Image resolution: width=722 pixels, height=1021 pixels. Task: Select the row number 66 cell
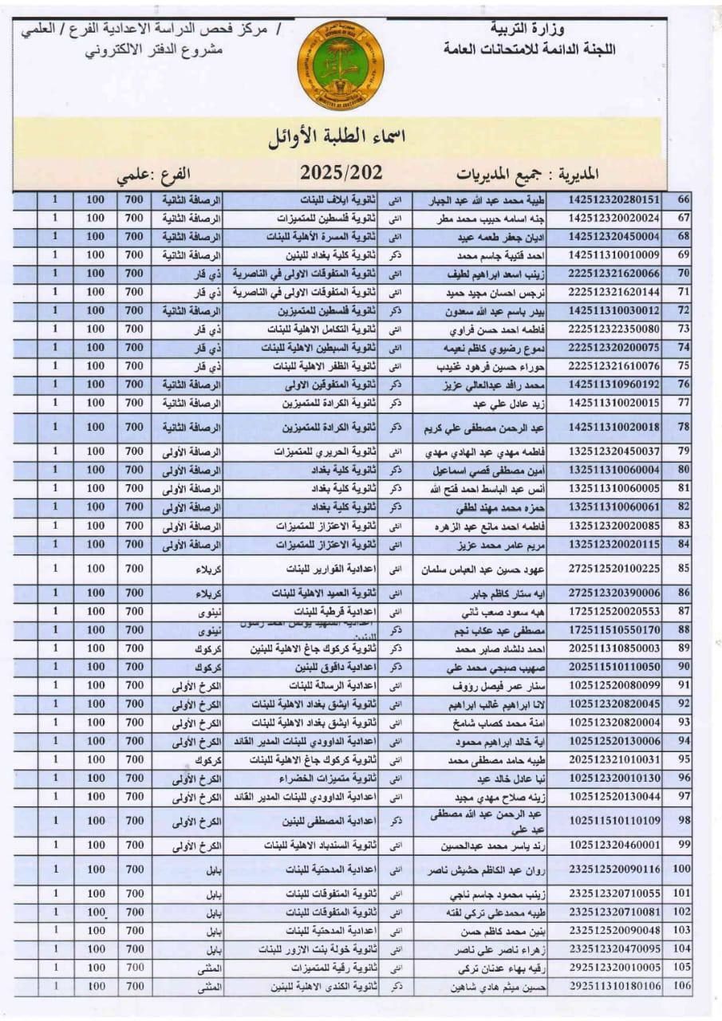(x=683, y=199)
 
